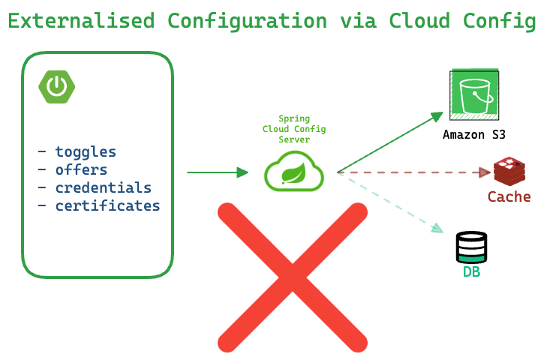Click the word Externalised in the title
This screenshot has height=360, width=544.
point(81,20)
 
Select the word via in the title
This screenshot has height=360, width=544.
point(358,20)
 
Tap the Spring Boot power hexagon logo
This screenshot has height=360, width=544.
point(56,87)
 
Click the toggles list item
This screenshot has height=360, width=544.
point(77,152)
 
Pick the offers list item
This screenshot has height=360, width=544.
point(73,170)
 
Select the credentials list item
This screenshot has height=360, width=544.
point(95,187)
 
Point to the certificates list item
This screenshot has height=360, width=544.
point(99,205)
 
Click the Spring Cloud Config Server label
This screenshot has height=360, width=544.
point(294,129)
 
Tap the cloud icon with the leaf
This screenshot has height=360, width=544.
point(294,171)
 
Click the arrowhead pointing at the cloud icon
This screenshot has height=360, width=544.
point(242,172)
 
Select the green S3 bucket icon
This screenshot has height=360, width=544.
point(474,94)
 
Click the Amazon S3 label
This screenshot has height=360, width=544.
point(474,134)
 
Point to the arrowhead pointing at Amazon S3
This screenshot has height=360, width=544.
point(437,116)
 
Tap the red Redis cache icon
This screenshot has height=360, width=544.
point(509,171)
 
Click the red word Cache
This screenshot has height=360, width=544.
point(509,196)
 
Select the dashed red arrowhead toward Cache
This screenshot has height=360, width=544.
point(485,172)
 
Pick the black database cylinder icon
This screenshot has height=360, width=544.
point(471,247)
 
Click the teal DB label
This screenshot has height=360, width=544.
point(471,271)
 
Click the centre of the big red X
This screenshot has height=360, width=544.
point(293,277)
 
